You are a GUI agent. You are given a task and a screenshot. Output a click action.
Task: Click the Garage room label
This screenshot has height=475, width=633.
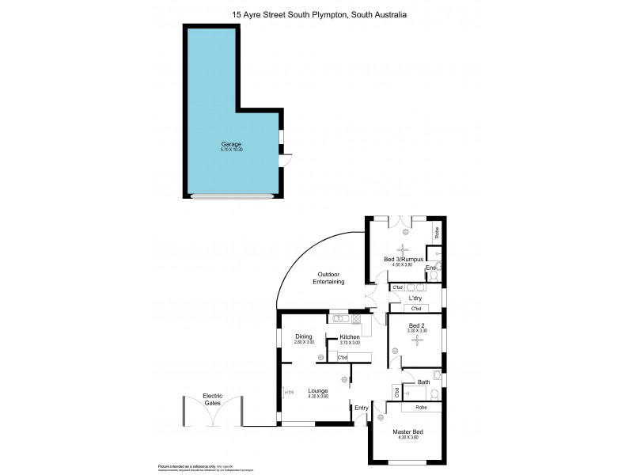[x=231, y=145]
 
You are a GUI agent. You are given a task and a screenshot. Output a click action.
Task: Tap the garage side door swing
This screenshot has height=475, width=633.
[x=286, y=161]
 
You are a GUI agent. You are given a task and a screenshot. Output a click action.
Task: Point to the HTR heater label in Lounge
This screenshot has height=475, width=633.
[x=289, y=391]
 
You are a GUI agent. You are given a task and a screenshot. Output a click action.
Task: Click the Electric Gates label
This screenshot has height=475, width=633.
[x=212, y=400]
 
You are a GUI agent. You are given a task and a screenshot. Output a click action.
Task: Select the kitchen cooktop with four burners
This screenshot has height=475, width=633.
[x=356, y=319]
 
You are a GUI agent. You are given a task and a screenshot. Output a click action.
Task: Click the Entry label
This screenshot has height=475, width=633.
[x=362, y=408]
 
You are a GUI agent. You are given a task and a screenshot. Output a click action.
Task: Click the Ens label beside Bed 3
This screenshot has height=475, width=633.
[x=430, y=269]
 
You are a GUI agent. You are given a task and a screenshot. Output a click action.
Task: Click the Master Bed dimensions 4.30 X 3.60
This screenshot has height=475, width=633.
[x=408, y=438]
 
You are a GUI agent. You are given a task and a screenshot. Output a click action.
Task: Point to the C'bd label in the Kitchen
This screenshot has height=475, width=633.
[x=343, y=358]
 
